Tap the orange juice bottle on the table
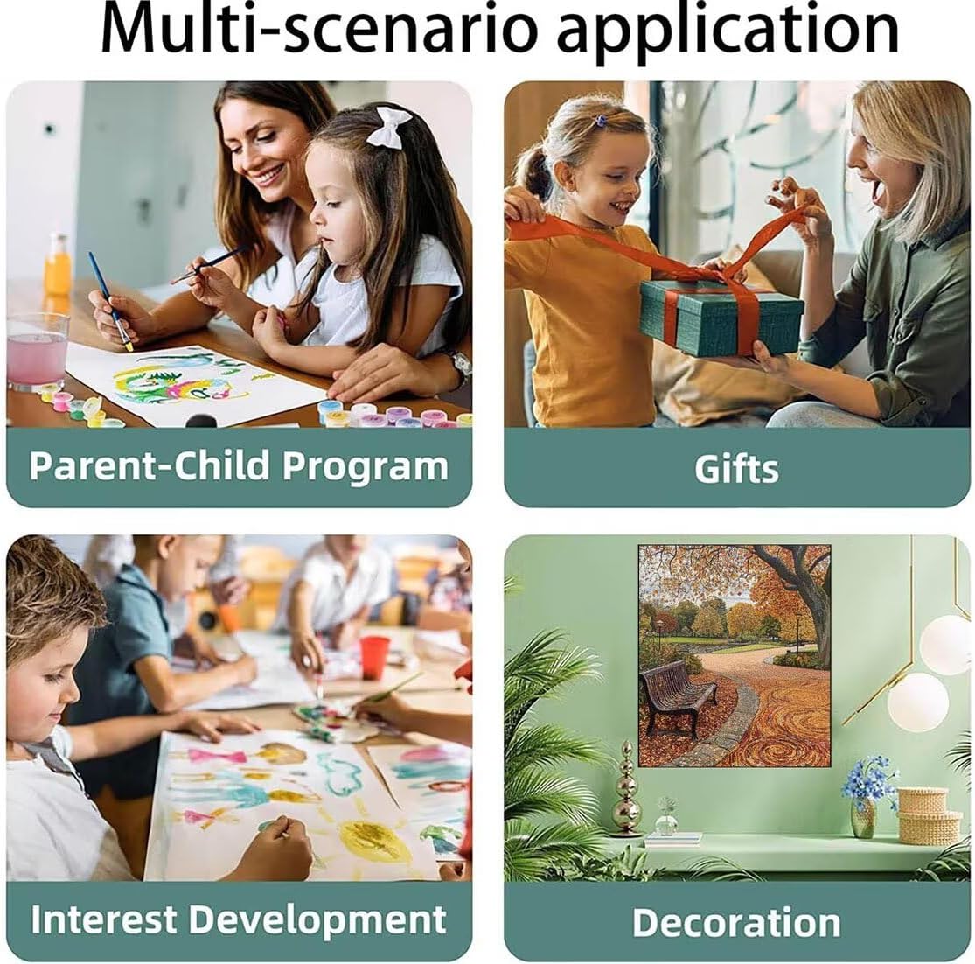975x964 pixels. [x=58, y=266]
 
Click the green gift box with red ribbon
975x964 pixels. [x=721, y=315]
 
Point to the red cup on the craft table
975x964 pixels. [x=373, y=657]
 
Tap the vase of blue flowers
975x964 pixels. [x=866, y=795]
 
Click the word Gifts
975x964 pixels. [x=736, y=469]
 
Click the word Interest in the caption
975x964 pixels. [x=103, y=919]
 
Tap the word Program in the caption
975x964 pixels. [x=365, y=466]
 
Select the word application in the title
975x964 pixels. [x=728, y=31]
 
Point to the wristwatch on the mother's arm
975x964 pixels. [x=460, y=367]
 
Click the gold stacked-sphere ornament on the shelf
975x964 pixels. [x=626, y=789]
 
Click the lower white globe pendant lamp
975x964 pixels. [x=917, y=702]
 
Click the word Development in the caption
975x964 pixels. [x=317, y=920]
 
